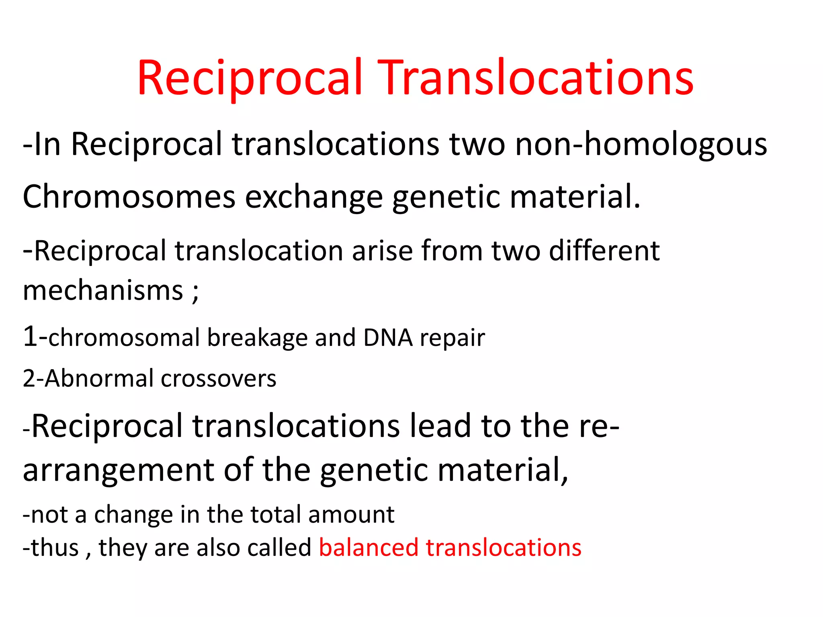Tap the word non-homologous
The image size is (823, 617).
641,145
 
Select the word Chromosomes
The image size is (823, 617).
129,197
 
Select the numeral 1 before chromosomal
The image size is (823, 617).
30,337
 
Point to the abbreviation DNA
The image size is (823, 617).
388,337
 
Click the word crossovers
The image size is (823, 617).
219,379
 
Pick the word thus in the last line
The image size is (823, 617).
55,548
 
